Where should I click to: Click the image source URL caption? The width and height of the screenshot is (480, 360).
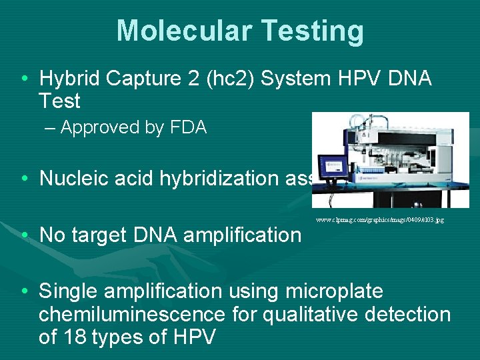point(379,219)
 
